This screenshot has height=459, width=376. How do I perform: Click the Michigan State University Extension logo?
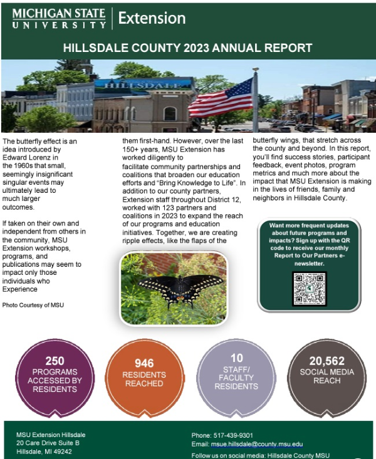point(98,18)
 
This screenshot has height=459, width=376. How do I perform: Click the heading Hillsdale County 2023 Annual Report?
point(188,48)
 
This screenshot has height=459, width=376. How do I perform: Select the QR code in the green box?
point(309,289)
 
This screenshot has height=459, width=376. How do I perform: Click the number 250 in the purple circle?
point(55,361)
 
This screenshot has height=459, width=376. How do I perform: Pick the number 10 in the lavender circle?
point(236,358)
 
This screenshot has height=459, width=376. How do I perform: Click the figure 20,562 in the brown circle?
point(326,361)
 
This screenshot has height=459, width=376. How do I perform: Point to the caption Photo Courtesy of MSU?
point(33,304)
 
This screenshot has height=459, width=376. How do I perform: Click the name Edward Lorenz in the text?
point(28,158)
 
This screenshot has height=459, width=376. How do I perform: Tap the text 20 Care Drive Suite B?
point(48,443)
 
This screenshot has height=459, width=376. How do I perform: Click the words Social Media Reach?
point(326,376)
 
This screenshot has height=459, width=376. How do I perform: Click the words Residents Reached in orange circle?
point(144,379)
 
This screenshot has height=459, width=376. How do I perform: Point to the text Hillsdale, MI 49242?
point(44,451)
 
